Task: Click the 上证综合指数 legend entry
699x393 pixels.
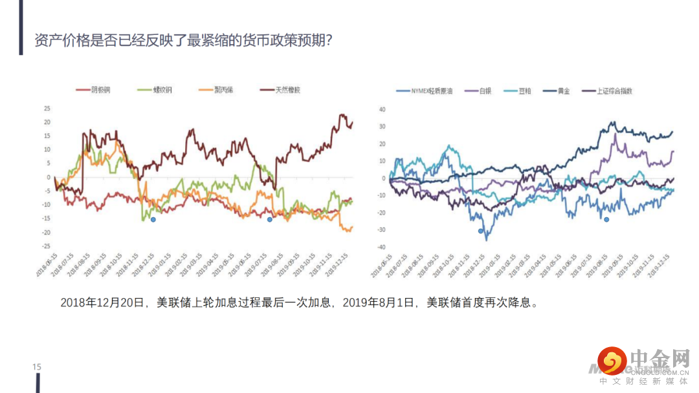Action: click(608, 91)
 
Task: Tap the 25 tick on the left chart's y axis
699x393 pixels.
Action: click(47, 108)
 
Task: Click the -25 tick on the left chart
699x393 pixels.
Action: click(45, 246)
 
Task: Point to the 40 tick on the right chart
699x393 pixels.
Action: click(382, 109)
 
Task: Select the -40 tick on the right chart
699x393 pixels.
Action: click(381, 248)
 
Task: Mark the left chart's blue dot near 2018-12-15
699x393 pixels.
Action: click(153, 220)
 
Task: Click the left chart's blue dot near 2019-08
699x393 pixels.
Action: click(270, 220)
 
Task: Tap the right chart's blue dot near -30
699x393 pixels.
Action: click(480, 231)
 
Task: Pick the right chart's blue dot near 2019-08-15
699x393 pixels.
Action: click(606, 220)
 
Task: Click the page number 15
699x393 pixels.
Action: click(37, 367)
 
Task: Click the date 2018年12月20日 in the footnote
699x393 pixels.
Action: click(105, 303)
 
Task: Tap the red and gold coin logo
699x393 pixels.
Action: click(611, 361)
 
